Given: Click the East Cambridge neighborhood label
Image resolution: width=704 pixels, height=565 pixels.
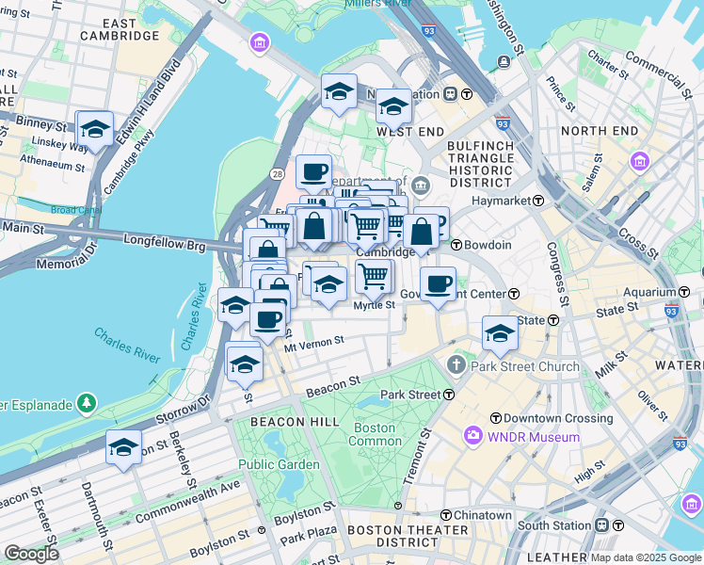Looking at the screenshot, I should click(119, 29).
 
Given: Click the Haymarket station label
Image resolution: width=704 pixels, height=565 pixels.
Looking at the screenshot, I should click(508, 201).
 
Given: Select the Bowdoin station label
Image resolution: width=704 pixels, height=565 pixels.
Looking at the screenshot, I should click(488, 245).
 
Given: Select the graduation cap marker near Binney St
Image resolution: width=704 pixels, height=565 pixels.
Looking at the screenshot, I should click(95, 129).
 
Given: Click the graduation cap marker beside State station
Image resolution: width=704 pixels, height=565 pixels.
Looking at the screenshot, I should click(500, 333).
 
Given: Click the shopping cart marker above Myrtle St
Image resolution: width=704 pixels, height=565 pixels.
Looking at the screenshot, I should click(374, 277).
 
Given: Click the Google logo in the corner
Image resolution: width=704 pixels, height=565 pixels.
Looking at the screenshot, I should click(31, 553).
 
